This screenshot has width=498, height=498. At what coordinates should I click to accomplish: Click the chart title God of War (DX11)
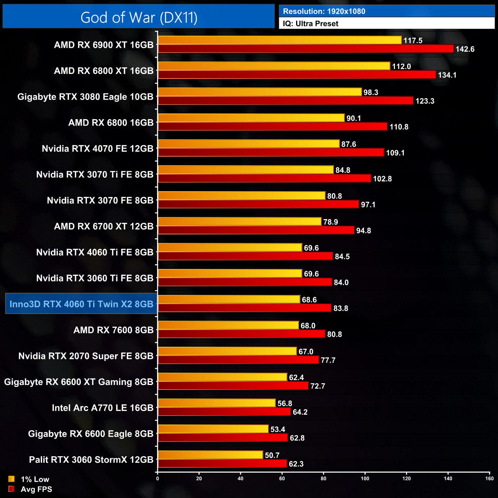tap(139, 18)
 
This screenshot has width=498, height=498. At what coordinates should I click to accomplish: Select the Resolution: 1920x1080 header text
tap(324, 11)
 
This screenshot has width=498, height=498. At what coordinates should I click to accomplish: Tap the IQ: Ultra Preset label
tap(310, 24)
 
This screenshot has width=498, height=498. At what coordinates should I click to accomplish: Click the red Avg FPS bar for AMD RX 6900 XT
tap(306, 49)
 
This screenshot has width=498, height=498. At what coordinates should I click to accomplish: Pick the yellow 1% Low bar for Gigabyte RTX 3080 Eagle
tap(260, 92)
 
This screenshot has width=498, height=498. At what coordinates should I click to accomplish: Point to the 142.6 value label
tap(465, 49)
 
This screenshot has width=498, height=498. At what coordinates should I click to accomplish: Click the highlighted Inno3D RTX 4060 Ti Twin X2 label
tap(81, 304)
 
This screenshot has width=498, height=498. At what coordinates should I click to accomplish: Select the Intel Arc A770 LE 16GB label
tap(103, 408)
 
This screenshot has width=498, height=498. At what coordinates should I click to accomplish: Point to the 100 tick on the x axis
tap(365, 478)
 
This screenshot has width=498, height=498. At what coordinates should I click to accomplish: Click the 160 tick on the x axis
tap(489, 478)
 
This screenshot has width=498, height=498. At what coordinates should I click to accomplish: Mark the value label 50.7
tap(272, 455)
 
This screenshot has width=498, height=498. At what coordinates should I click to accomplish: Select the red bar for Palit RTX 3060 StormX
tap(222, 464)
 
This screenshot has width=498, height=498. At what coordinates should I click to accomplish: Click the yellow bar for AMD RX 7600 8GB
tap(228, 325)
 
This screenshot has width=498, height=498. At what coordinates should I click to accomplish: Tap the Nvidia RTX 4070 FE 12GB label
tap(98, 149)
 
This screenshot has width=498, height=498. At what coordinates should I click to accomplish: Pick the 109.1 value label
tap(395, 153)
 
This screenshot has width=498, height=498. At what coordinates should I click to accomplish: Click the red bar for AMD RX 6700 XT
tap(256, 230)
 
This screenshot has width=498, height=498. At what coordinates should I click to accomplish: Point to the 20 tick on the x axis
tap(199, 478)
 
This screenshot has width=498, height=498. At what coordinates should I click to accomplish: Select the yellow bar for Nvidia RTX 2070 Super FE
tap(227, 351)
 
